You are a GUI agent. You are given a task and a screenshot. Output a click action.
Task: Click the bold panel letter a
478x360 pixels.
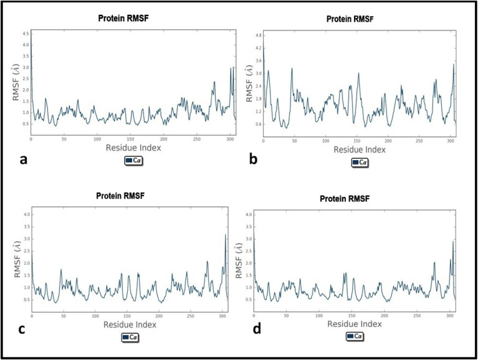pyautogui.click(x=24, y=159)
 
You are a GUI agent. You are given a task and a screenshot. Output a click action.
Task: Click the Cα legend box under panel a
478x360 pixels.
pyautogui.click(x=135, y=160)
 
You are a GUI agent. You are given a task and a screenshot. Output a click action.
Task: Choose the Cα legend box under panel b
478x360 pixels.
pyautogui.click(x=360, y=163)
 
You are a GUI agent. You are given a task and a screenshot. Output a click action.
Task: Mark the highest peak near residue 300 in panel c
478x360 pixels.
pyautogui.click(x=226, y=235)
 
